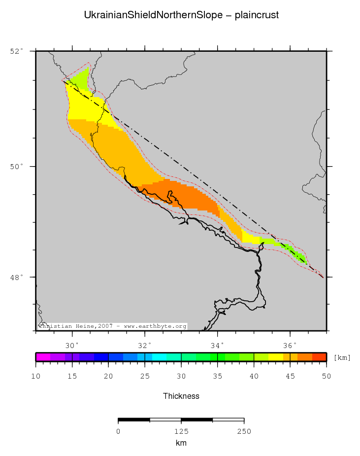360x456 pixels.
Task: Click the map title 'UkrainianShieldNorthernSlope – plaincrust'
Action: (181, 15)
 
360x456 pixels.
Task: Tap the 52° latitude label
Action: (16, 51)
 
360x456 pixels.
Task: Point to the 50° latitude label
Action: (16, 167)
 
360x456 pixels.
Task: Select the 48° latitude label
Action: (16, 277)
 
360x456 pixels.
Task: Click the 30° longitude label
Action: (72, 344)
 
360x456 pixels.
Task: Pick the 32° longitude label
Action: (145, 344)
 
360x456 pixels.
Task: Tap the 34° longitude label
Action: (217, 344)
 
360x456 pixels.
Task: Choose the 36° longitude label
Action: (290, 344)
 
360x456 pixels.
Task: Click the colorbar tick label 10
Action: (36, 377)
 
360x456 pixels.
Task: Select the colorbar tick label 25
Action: (145, 377)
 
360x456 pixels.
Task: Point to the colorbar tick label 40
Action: (254, 377)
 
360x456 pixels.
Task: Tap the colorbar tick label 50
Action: (326, 377)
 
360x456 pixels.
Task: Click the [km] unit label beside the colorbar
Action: (342, 357)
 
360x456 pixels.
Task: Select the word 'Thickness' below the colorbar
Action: (181, 396)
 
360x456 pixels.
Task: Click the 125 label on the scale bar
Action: (181, 431)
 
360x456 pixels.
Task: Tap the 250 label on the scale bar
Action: (244, 431)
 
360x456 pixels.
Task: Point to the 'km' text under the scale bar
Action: (181, 443)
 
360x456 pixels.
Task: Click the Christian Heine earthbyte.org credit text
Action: (113, 326)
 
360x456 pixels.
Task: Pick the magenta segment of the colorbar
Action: (43, 357)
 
